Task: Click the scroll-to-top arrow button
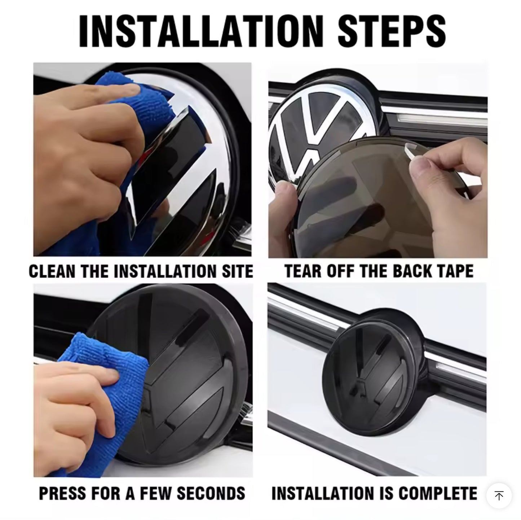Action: tap(499, 496)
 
